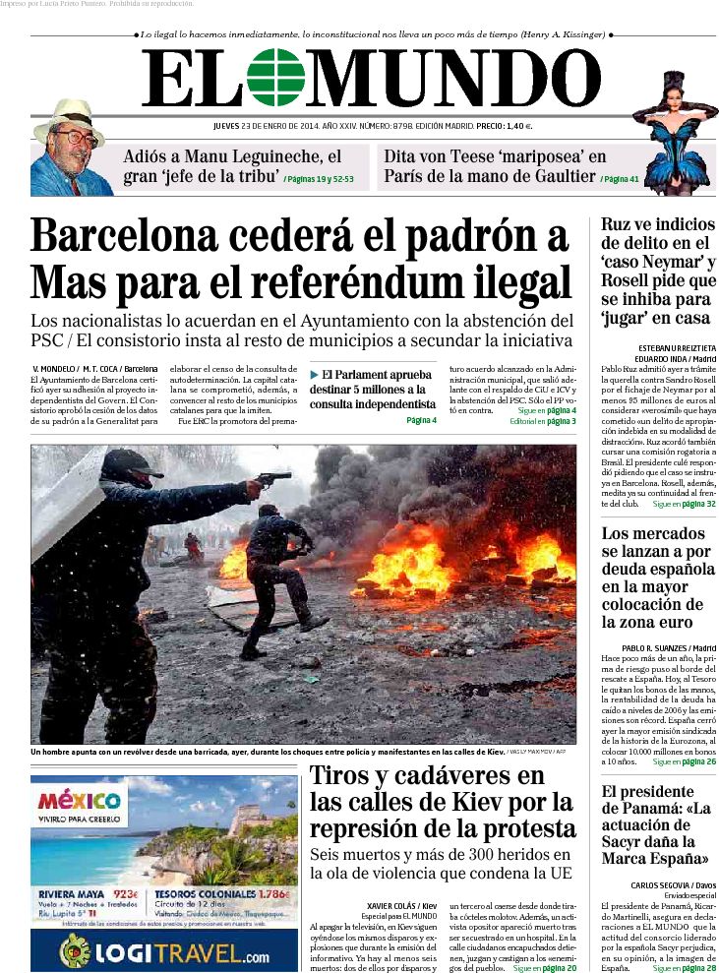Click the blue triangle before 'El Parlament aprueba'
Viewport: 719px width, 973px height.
pos(314,375)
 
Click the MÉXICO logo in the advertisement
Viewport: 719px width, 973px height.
pos(79,799)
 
